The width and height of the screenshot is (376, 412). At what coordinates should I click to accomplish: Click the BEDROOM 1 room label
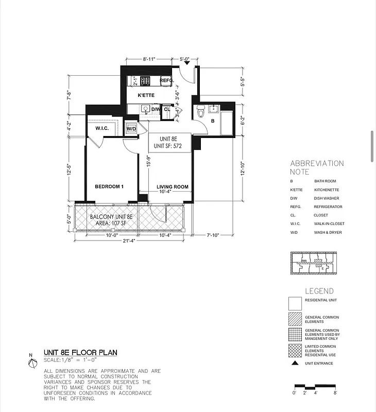click(109, 186)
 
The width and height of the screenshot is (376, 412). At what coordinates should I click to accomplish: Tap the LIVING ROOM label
click(172, 187)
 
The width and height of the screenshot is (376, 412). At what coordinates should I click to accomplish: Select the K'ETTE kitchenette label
click(146, 95)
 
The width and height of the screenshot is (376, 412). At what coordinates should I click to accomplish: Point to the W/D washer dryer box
click(131, 129)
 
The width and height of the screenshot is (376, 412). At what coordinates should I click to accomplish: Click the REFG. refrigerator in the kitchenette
click(166, 81)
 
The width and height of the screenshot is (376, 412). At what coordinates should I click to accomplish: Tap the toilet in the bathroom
click(201, 110)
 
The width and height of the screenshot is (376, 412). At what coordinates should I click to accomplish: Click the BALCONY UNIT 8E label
click(111, 217)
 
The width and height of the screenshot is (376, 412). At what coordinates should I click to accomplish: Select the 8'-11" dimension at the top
click(149, 59)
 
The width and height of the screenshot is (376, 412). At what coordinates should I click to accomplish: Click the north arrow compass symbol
click(32, 363)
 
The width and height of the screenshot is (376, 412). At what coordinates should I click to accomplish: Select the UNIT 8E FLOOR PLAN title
click(80, 353)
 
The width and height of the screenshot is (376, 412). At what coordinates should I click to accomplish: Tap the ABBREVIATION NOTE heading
click(317, 167)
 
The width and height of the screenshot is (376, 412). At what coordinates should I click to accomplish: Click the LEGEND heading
click(319, 291)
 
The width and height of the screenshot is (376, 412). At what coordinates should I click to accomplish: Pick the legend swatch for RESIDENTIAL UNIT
click(295, 303)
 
